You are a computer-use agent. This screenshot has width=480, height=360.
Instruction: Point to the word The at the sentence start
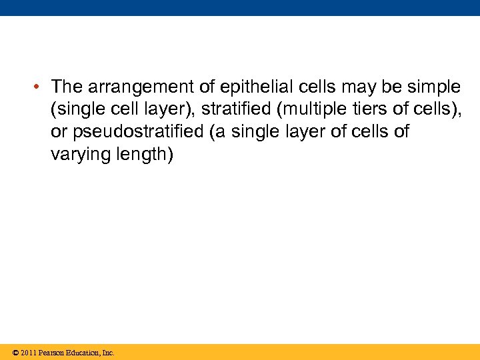coord(67,87)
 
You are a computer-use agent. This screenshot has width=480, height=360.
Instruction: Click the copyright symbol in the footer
coord(15,353)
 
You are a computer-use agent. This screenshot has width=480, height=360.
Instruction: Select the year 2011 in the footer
coord(28,353)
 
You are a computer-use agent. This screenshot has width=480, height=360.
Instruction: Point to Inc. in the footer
coord(108,353)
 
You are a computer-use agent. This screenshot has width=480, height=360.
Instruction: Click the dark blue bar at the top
coord(240,7)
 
